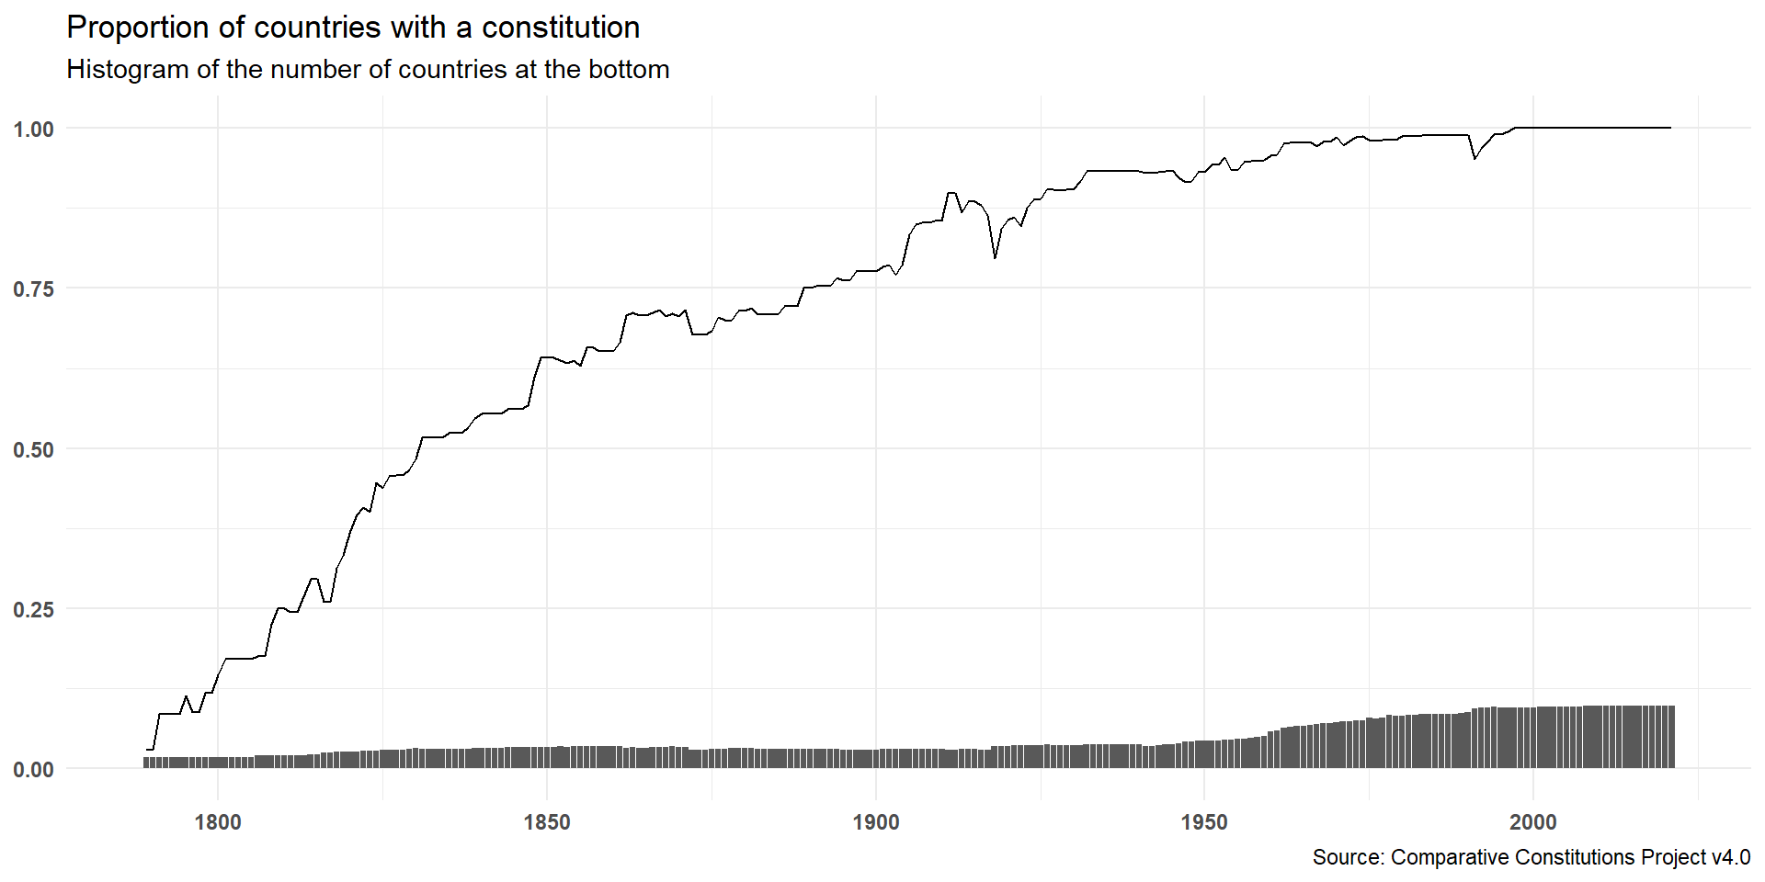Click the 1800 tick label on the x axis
(x=218, y=822)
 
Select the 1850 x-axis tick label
(x=547, y=822)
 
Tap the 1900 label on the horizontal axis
(x=875, y=822)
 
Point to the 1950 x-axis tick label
(x=1204, y=822)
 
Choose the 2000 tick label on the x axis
(x=1532, y=822)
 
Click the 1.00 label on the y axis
(x=34, y=130)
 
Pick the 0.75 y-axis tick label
(x=34, y=289)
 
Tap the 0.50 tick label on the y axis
(x=34, y=450)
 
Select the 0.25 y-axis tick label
(x=34, y=610)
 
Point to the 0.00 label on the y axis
(x=34, y=770)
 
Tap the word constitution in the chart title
(x=561, y=28)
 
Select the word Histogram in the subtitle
(x=127, y=70)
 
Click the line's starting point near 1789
(x=147, y=750)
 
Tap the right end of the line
(x=1670, y=128)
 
